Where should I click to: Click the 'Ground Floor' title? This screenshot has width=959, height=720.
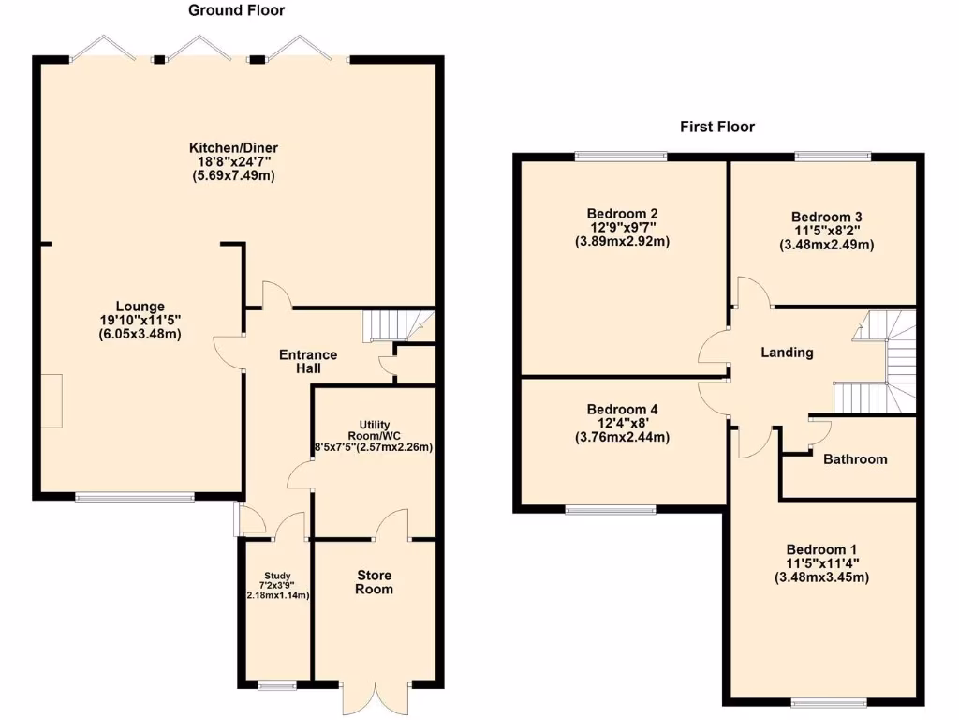click(237, 10)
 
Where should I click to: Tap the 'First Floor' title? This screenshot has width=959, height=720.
click(716, 127)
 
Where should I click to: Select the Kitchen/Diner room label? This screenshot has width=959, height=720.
click(234, 148)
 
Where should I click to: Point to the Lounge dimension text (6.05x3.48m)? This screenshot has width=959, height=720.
click(140, 334)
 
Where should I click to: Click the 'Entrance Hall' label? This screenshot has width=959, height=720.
click(308, 362)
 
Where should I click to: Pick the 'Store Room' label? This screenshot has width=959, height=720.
click(374, 582)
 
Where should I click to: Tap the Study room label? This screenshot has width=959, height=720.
click(276, 576)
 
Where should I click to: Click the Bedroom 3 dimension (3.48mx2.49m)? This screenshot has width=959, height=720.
click(826, 246)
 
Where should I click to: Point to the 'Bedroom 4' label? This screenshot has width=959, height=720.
click(622, 410)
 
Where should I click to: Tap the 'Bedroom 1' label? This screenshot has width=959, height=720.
click(821, 549)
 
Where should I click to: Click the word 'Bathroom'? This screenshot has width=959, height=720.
click(855, 459)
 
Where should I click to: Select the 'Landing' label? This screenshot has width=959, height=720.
click(787, 352)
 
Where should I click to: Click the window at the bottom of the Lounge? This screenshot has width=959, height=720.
click(135, 497)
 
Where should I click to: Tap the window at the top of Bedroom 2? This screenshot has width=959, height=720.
click(621, 156)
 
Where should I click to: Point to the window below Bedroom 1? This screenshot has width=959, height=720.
click(829, 702)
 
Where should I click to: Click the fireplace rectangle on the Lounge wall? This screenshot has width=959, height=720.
click(51, 400)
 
